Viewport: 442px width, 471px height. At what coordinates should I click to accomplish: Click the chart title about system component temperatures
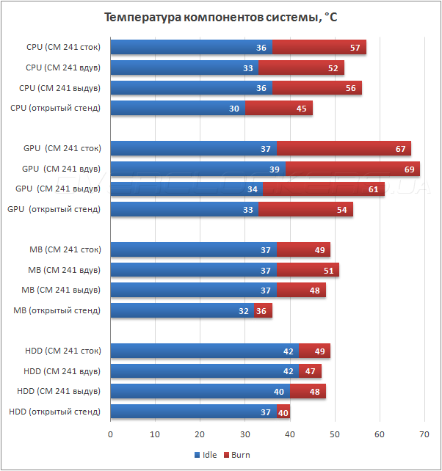pos(221,17)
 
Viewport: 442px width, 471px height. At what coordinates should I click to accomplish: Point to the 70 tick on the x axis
pos(424,435)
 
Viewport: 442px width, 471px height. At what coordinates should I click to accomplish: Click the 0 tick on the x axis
pos(110,435)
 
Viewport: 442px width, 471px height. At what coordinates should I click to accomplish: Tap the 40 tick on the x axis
pos(290,435)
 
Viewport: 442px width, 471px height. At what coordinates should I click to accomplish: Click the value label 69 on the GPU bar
pos(410,169)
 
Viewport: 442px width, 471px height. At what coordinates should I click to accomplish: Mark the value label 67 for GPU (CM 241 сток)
pos(401,149)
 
